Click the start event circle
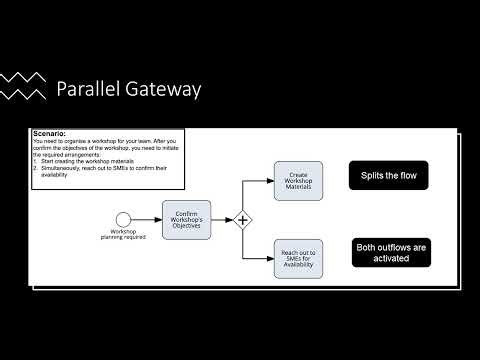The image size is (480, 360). pos(123,220)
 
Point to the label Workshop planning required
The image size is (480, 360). pos(123,236)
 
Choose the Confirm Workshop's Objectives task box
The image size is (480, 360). pos(187,220)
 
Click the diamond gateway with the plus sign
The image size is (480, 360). pos(242,220)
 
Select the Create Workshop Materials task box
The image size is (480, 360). pos(298,180)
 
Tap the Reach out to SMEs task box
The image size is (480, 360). pos(298,258)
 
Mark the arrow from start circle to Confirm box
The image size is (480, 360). pos(147,220)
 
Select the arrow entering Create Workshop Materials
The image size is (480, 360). pos(262,180)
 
